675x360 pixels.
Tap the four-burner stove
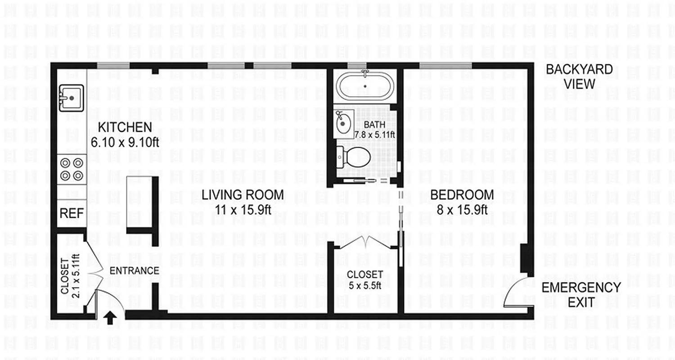[72, 169]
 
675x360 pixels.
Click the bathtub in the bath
[365, 86]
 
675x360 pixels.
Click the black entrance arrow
[109, 318]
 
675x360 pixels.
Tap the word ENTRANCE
[135, 270]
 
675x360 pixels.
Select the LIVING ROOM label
[243, 195]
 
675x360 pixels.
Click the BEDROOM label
[462, 195]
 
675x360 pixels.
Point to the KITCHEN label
[125, 127]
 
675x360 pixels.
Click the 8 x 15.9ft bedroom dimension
[462, 209]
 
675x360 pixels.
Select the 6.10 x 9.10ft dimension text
[126, 142]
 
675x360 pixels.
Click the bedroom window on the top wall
[445, 66]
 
